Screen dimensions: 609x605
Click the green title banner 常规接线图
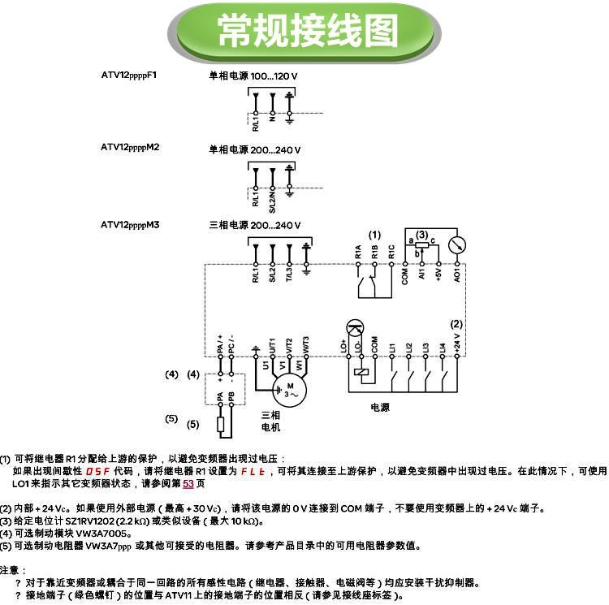(x=304, y=31)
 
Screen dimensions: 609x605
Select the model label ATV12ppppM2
(x=130, y=148)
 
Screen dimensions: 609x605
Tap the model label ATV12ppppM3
(x=130, y=224)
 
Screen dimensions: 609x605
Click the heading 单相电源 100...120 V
(x=254, y=76)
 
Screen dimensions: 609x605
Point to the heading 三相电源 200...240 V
(x=255, y=225)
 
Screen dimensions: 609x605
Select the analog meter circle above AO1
(x=456, y=243)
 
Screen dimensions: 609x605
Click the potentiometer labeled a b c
(x=421, y=244)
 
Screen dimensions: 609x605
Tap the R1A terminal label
(x=358, y=251)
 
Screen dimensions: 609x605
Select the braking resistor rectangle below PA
(x=219, y=424)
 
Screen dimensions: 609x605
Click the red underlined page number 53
(x=188, y=484)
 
